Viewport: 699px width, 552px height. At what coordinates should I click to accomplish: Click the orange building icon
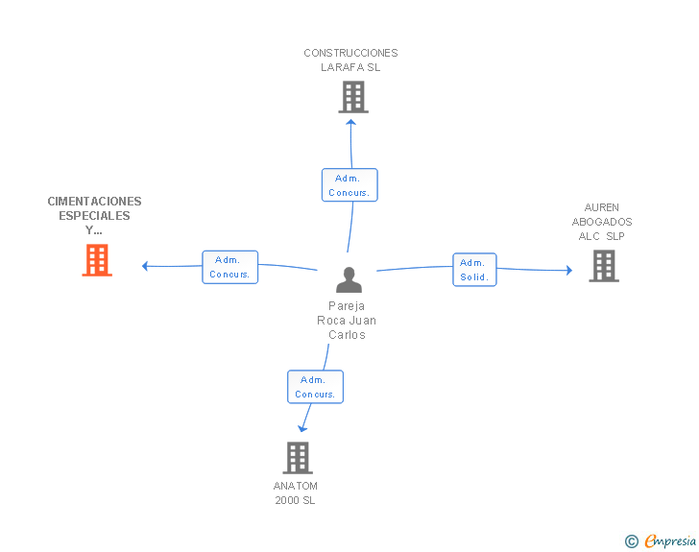97,260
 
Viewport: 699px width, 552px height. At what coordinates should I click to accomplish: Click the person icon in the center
349,279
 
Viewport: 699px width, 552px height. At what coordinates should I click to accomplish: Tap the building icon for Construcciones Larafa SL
353,97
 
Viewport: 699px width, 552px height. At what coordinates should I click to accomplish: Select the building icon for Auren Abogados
604,266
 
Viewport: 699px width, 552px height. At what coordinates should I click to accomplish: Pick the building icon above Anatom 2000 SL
298,458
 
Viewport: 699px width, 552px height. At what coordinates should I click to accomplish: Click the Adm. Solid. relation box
474,270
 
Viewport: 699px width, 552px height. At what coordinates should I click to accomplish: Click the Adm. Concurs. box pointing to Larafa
349,185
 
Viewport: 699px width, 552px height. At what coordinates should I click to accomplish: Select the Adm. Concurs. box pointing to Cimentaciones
230,267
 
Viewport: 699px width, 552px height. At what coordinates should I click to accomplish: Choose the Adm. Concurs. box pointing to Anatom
315,387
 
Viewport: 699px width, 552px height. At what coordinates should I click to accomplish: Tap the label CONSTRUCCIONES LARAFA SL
350,60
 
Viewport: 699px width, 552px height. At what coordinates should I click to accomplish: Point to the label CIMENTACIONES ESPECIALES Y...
94,216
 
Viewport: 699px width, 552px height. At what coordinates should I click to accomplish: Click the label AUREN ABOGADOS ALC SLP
602,222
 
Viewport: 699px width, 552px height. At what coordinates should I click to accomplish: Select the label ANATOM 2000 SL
295,492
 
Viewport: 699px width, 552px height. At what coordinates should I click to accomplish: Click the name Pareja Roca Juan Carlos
347,320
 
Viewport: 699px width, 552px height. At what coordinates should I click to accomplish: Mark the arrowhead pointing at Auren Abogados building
569,270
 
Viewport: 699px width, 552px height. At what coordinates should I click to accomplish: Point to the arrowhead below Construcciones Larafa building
350,122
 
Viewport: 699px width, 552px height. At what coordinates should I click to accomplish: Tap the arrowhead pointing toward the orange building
144,266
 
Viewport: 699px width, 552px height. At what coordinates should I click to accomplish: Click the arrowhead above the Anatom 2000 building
302,429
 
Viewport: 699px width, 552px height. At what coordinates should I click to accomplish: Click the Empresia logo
670,540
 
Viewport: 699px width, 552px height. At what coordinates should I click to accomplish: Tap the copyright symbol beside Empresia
632,541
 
